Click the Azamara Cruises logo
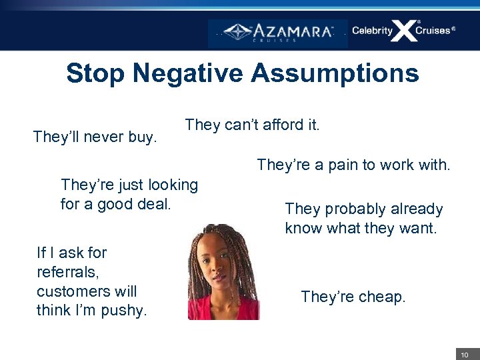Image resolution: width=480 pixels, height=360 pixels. click(278, 33)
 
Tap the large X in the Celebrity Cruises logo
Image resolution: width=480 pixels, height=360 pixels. click(404, 31)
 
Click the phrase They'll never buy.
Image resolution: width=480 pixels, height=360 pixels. click(95, 137)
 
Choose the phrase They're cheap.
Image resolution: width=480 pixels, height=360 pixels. click(353, 297)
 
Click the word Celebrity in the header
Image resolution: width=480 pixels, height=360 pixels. click(372, 31)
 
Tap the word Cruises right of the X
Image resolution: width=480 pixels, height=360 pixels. click(434, 31)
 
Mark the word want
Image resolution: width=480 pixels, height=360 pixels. click(419, 229)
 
